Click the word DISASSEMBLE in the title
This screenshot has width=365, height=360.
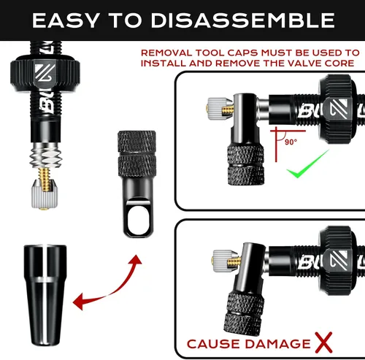(x=242, y=20)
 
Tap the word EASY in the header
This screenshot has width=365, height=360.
(x=66, y=20)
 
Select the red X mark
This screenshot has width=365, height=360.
(x=323, y=342)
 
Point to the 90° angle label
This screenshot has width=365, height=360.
(x=291, y=142)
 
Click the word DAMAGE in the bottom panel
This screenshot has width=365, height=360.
(x=277, y=344)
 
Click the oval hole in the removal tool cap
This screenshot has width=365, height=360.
(x=138, y=218)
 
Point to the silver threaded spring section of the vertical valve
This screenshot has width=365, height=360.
(x=45, y=156)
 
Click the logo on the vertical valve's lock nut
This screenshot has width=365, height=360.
(x=45, y=74)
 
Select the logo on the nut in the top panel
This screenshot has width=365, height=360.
(x=338, y=109)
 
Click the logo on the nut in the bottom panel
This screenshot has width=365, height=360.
(x=338, y=260)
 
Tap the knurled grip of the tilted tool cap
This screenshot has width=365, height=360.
(x=244, y=312)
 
